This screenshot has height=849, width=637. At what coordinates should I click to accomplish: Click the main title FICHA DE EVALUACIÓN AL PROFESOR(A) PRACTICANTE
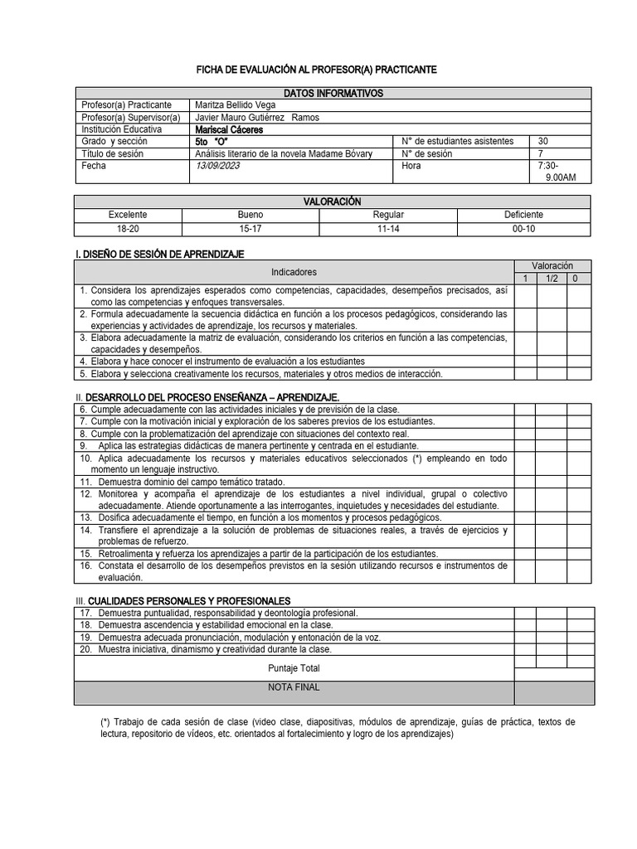pos(316,70)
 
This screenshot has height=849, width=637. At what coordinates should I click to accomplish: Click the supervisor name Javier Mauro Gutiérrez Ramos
pos(256,118)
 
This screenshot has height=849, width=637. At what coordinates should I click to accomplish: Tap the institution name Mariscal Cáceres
pos(229,129)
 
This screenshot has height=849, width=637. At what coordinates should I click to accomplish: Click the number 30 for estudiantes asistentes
pos(543,142)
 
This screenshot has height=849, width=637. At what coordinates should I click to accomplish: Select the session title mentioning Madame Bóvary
pos(283,153)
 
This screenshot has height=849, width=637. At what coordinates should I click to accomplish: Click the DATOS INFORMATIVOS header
pos(333,94)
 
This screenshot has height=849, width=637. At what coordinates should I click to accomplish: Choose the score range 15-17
pos(250,228)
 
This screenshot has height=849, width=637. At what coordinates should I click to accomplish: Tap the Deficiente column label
pos(523,215)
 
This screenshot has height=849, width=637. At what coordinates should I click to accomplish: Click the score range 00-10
pos(523,228)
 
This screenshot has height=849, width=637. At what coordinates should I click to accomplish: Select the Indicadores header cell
pos(294,272)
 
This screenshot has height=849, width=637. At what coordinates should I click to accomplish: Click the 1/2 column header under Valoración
pos(552,279)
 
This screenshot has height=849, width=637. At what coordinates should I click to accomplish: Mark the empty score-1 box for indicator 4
pos(524,361)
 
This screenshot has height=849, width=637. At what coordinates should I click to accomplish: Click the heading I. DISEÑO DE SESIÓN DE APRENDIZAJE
pos(159,254)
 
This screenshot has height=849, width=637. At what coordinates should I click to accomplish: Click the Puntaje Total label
pos(294,668)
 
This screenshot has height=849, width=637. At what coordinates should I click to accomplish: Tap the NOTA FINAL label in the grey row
pos(294,687)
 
